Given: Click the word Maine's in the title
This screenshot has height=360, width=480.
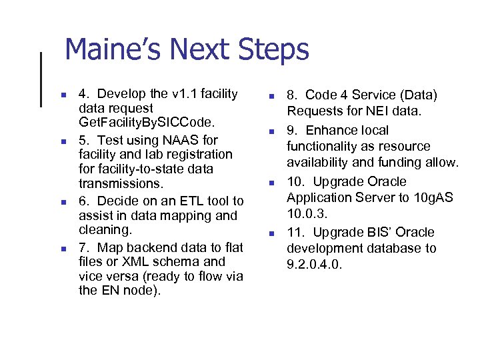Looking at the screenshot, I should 113,51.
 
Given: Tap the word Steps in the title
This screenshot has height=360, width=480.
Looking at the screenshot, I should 276,51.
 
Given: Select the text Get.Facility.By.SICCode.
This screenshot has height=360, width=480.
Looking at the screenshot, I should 143,122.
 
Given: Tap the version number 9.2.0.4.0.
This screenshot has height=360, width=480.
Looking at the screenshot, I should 314,265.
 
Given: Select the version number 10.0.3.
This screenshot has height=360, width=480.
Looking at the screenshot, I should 307,213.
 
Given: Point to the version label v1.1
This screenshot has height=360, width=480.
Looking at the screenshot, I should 185,94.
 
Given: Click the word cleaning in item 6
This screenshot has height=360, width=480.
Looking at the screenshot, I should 105,230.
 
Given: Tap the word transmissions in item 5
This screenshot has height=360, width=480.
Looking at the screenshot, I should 120,183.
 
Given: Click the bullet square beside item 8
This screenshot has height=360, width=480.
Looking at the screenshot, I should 271,97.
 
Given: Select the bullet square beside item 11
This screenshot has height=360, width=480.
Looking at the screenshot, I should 271,233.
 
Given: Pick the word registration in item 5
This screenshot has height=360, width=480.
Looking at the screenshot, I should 201,155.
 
